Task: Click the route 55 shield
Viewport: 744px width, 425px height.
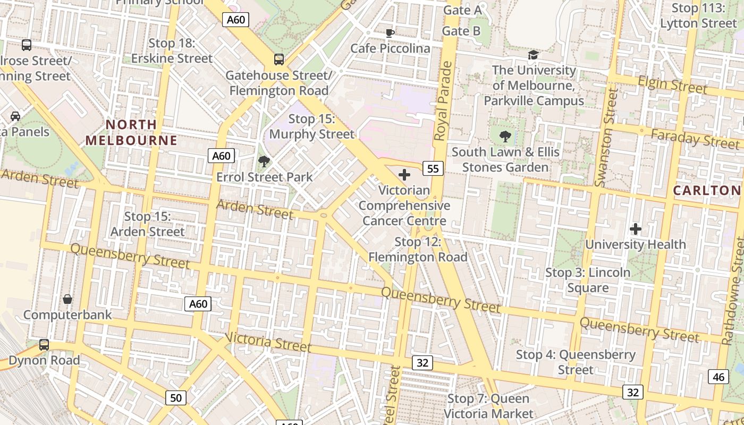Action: coord(433,168)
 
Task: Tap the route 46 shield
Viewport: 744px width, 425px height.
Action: coord(718,377)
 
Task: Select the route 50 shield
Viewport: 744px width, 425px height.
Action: coord(176,397)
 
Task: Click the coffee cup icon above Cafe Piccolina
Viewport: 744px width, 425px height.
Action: coord(390,33)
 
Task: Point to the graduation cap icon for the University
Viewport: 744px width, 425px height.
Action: coord(533,55)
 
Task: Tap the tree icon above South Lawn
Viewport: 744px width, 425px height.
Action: coord(505,137)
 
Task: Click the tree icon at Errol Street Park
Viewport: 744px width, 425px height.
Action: coord(264,161)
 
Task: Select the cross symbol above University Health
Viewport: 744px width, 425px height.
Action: coord(636,229)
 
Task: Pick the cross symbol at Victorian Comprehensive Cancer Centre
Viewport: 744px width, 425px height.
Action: coord(404,174)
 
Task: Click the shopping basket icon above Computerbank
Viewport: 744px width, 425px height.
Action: coord(67,299)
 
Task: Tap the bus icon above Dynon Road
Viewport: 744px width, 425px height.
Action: coord(44,345)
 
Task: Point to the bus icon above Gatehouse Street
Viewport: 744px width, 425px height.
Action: coord(279,59)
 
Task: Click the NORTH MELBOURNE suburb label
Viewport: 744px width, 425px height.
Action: coord(131,132)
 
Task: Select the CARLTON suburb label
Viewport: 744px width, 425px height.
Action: coord(706,190)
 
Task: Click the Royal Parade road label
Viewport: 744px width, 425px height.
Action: coord(442,101)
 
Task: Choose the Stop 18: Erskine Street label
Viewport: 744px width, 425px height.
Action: coord(172,50)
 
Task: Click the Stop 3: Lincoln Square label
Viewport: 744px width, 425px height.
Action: coord(588,280)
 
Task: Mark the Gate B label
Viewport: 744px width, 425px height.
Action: coord(461,31)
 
